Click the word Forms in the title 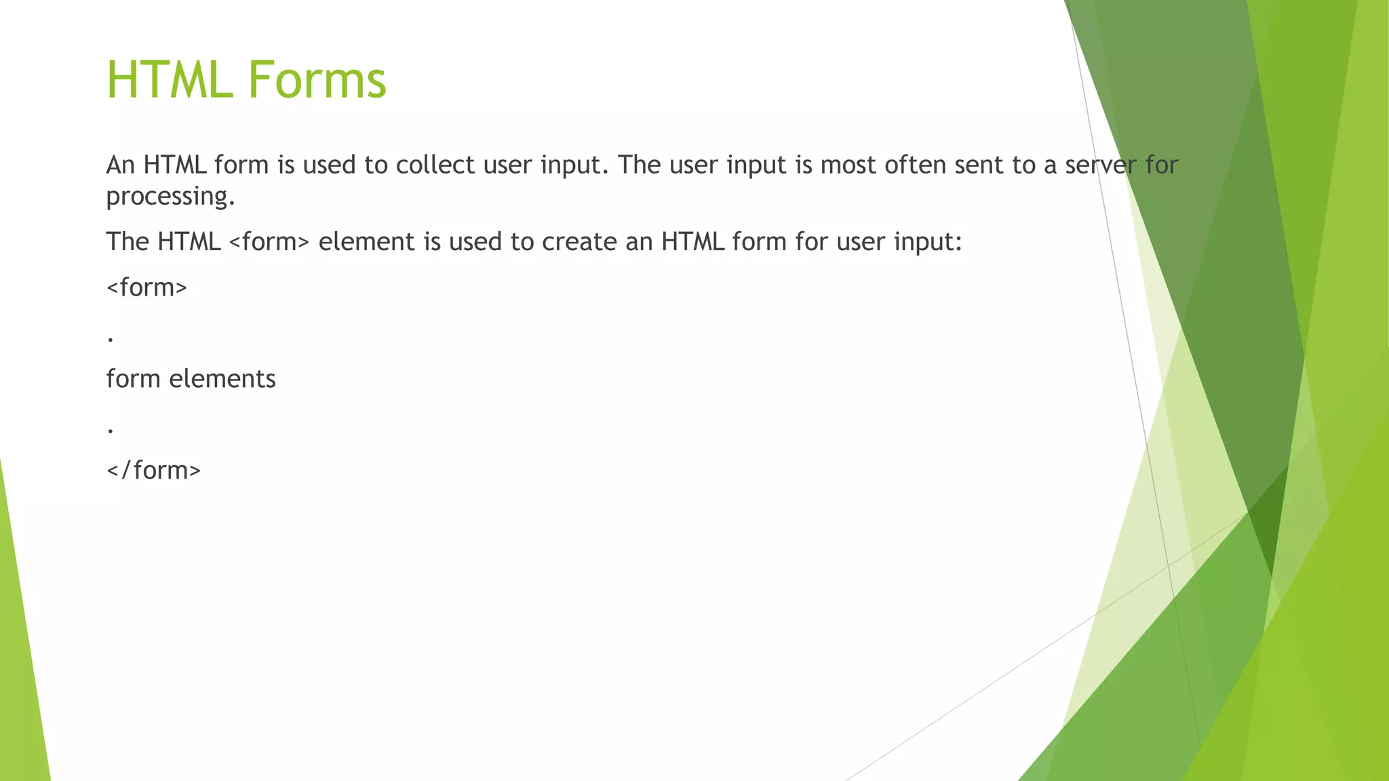click(x=317, y=80)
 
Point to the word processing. click(x=170, y=197)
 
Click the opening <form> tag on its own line click(x=146, y=287)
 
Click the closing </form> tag click(x=154, y=470)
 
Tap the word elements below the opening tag click(x=222, y=379)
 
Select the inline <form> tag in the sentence click(x=269, y=242)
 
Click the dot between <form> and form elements click(x=111, y=338)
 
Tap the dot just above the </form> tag click(x=111, y=430)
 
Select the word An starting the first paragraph click(x=121, y=165)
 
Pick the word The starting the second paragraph click(x=127, y=242)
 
